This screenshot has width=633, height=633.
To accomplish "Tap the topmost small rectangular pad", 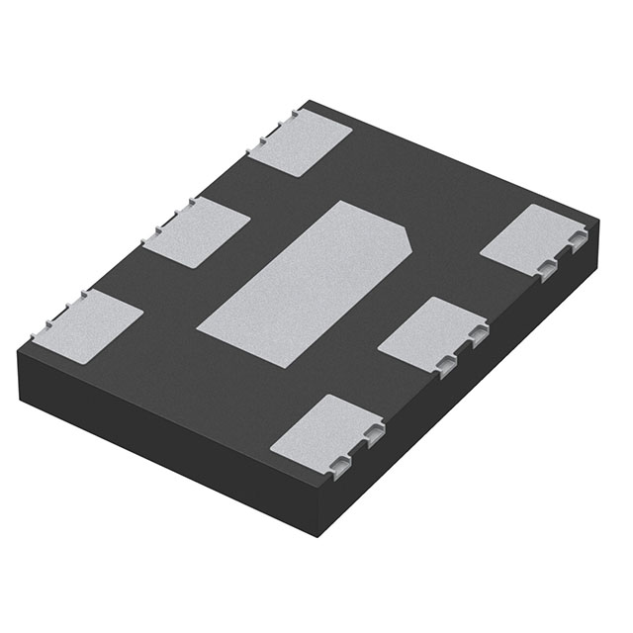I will pos(300,141).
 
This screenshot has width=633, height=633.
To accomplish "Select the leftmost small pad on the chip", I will pos(89,325).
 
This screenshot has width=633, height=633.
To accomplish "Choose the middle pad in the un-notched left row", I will pos(196,231).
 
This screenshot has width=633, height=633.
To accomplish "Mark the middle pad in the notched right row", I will pos(431,334).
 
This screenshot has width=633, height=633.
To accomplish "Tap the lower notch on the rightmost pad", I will pos(547,267).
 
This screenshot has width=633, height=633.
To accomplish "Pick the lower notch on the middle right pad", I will pos(447,366).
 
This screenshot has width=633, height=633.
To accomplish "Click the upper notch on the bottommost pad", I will pos(373,432).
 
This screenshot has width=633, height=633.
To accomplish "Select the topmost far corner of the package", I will pos(309,101).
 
